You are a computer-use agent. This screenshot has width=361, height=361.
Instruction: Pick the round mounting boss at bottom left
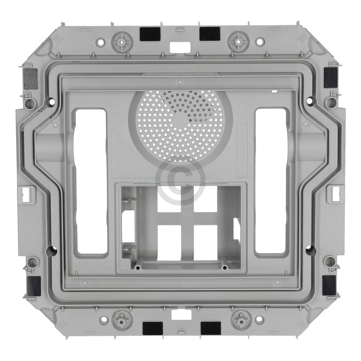(x=122, y=319)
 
